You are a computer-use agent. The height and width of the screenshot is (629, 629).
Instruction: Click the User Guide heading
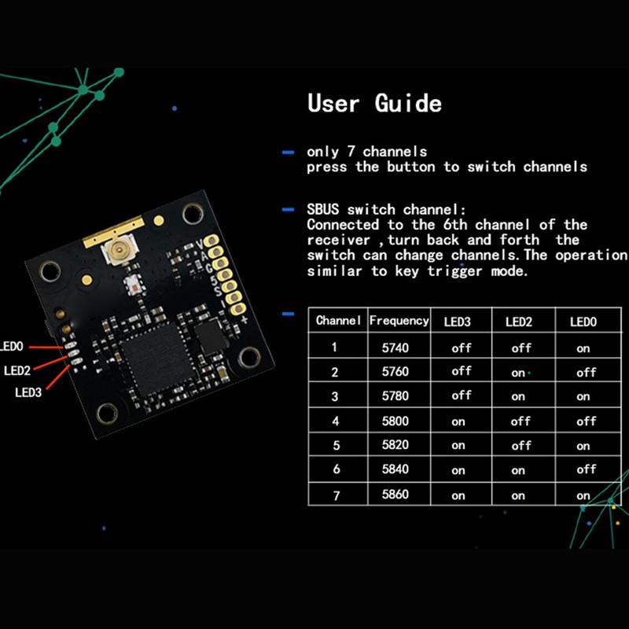coord(374,103)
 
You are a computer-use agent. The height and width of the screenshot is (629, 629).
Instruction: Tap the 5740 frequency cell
coord(395,347)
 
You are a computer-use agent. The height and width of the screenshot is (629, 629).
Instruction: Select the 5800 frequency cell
coord(395,421)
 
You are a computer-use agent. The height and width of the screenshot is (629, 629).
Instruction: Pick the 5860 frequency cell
coord(395,495)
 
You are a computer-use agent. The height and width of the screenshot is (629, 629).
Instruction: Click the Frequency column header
coord(399,321)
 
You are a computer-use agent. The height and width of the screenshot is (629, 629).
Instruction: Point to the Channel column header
coord(338,321)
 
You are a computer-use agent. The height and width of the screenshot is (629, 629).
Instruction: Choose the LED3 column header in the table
coord(458,321)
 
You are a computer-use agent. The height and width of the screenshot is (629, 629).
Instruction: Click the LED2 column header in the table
coord(519,321)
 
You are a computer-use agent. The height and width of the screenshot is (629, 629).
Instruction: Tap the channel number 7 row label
coord(335,495)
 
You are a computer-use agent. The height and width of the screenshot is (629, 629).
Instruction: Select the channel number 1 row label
coord(335,347)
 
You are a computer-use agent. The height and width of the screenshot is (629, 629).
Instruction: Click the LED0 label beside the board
coord(13,345)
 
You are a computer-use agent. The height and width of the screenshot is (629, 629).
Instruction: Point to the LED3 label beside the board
coord(28,393)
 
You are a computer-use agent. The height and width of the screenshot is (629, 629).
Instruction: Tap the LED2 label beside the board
coord(17,370)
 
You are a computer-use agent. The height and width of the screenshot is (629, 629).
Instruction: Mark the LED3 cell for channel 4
coord(458,421)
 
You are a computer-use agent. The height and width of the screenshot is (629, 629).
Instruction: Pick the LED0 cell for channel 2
coord(586,372)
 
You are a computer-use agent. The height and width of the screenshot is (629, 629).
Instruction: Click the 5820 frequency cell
coord(395,445)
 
